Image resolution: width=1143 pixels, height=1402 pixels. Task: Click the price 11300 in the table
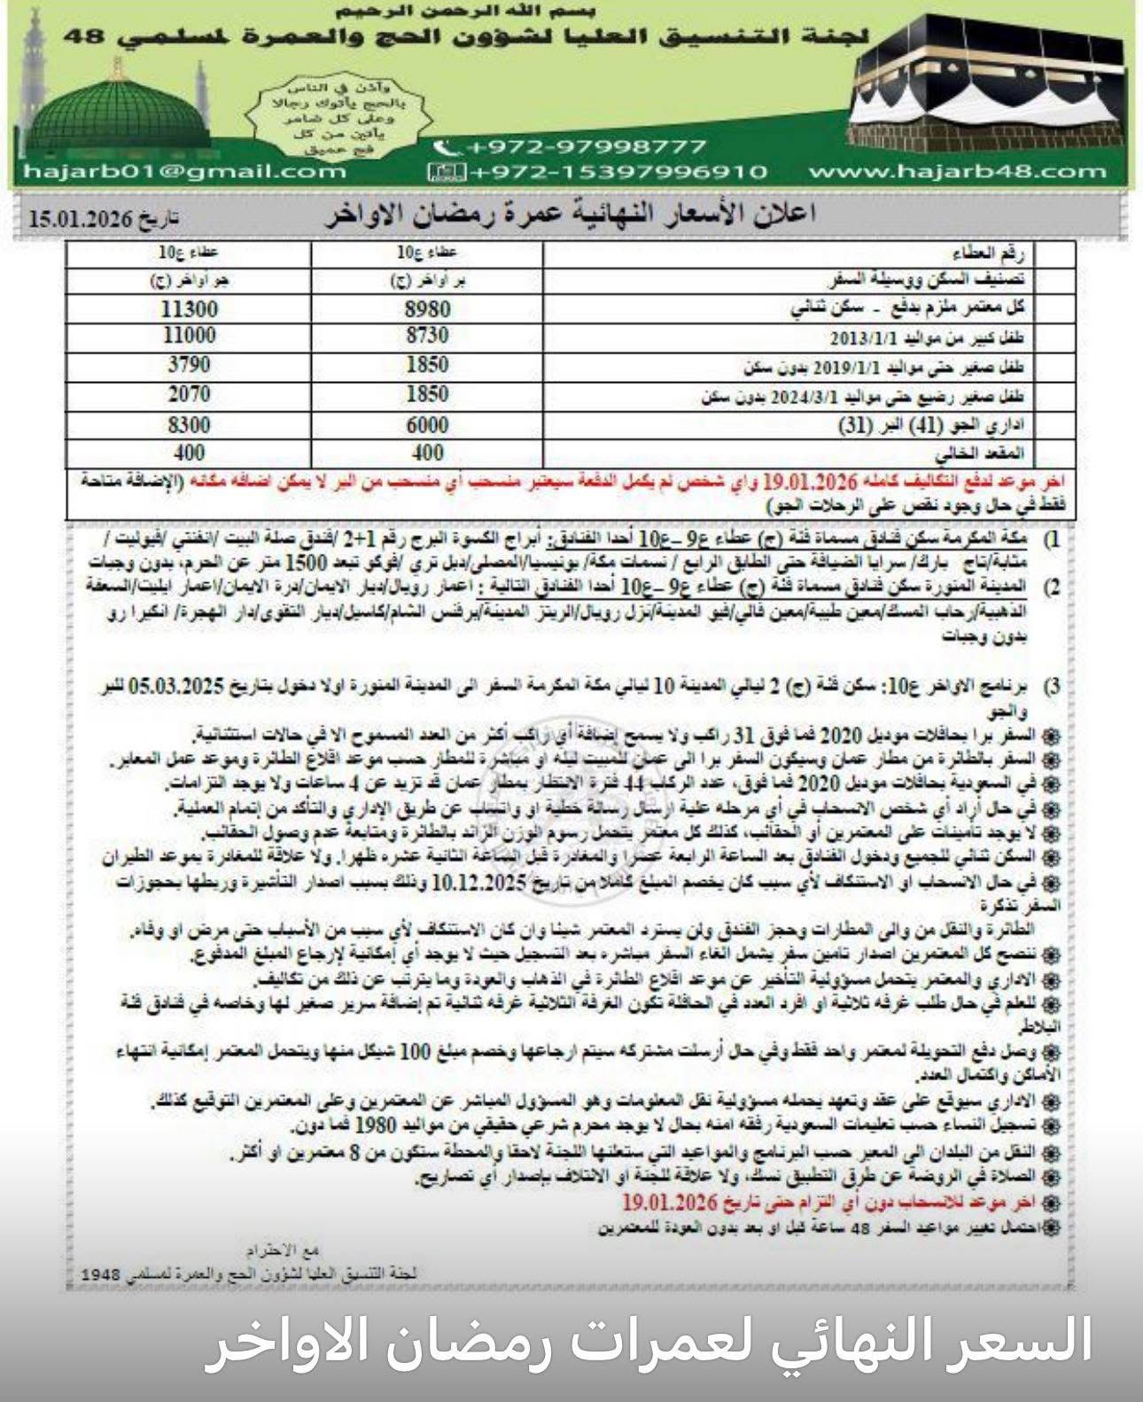click(189, 309)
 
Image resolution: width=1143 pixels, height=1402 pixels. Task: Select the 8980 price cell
click(427, 309)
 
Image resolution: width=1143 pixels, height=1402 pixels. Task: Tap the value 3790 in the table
click(189, 365)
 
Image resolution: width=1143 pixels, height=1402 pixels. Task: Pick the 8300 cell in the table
click(189, 425)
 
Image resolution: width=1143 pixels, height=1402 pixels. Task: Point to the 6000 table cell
click(427, 425)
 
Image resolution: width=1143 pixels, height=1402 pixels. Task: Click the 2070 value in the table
click(189, 394)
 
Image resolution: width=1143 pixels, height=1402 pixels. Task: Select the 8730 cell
click(427, 336)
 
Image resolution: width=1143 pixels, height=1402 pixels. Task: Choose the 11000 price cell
click(189, 336)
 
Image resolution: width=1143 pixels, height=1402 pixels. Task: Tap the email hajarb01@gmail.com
click(183, 171)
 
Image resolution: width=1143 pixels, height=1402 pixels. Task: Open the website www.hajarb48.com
click(957, 171)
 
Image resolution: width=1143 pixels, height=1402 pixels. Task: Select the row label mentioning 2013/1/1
click(927, 338)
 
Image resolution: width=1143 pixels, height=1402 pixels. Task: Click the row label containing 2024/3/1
click(864, 396)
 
